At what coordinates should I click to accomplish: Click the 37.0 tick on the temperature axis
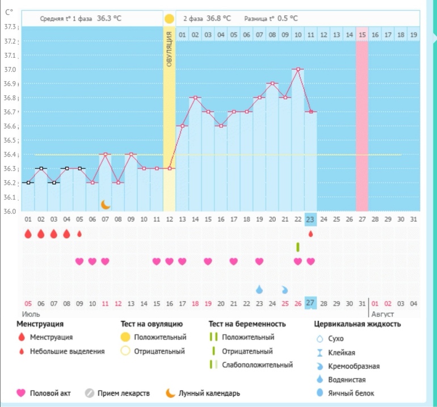(10, 70)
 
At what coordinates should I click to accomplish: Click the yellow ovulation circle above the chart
(169, 19)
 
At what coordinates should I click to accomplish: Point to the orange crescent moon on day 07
(105, 204)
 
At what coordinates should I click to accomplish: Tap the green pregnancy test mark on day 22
(297, 247)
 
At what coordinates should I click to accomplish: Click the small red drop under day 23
(310, 233)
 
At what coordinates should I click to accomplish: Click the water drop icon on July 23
(259, 290)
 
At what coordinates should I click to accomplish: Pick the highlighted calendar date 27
(310, 303)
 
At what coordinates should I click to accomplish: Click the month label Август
(382, 313)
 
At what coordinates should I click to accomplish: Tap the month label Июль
(30, 313)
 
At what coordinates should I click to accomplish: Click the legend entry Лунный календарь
(209, 393)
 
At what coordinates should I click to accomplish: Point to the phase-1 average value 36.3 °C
(109, 18)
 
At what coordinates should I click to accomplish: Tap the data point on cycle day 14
(195, 97)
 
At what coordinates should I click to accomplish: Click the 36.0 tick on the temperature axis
(10, 211)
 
